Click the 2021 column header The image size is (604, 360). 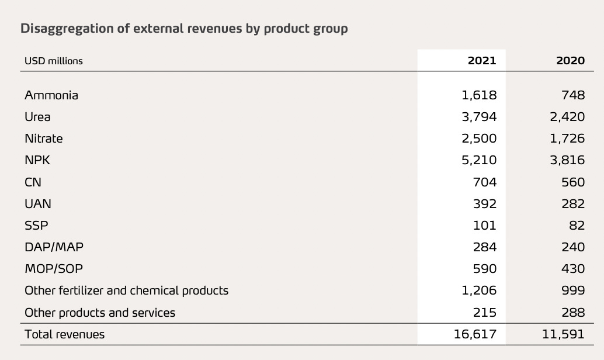pos(482,61)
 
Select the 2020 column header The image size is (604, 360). pos(570,61)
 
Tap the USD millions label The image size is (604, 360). pos(54,61)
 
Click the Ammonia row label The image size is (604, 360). pos(51,95)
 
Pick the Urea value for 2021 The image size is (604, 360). pos(479,117)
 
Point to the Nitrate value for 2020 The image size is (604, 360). pos(567,139)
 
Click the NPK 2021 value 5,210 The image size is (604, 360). pos(479,160)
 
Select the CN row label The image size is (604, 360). pos(33,182)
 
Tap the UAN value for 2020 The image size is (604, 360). pos(572,204)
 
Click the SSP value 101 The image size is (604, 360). pos(485,226)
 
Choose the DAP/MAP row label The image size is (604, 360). pos(54,247)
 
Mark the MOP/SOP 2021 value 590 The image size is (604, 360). pos(485,269)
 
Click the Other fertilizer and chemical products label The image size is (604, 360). pos(126,290)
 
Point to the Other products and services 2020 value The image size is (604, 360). pos(572,313)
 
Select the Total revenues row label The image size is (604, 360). pos(65,334)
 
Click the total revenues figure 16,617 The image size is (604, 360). pos(475,334)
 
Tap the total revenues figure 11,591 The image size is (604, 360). pos(564,334)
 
